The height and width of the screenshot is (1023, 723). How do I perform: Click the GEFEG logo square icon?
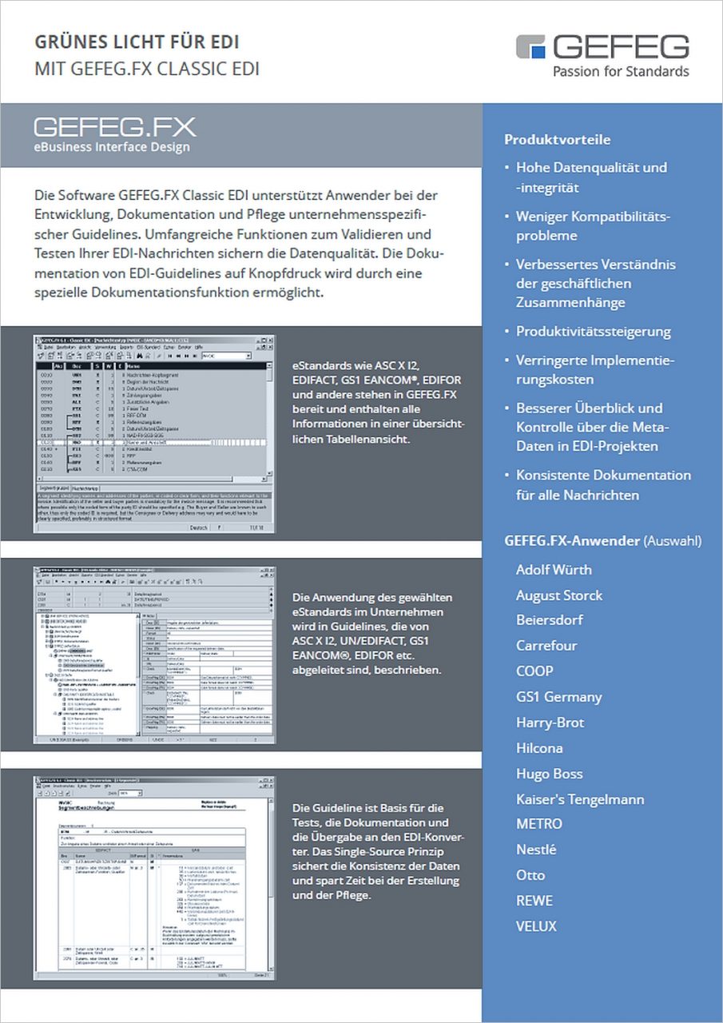tap(531, 47)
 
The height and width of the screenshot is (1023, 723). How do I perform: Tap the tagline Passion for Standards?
tap(621, 71)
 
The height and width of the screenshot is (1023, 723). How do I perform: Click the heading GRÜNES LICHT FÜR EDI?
tap(137, 42)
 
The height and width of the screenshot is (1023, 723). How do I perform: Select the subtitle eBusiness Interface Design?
tap(112, 146)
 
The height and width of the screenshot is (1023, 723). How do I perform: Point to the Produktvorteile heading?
tap(557, 140)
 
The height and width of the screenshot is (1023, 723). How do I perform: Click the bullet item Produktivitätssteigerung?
tap(593, 331)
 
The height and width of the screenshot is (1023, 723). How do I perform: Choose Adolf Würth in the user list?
tap(554, 570)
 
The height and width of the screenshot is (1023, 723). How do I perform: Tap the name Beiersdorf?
tap(549, 619)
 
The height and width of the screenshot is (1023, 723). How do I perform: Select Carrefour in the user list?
tap(546, 645)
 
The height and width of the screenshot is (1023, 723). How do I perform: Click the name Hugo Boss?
tap(549, 774)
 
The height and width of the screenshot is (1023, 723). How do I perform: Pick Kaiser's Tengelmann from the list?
tap(579, 799)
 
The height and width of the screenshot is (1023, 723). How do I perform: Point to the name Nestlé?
tap(535, 850)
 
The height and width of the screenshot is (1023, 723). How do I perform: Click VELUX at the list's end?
tap(536, 926)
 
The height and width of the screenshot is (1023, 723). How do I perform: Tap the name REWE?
tap(534, 901)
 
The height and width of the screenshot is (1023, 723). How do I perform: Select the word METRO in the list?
tap(538, 823)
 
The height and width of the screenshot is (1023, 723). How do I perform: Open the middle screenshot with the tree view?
tap(153, 655)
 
